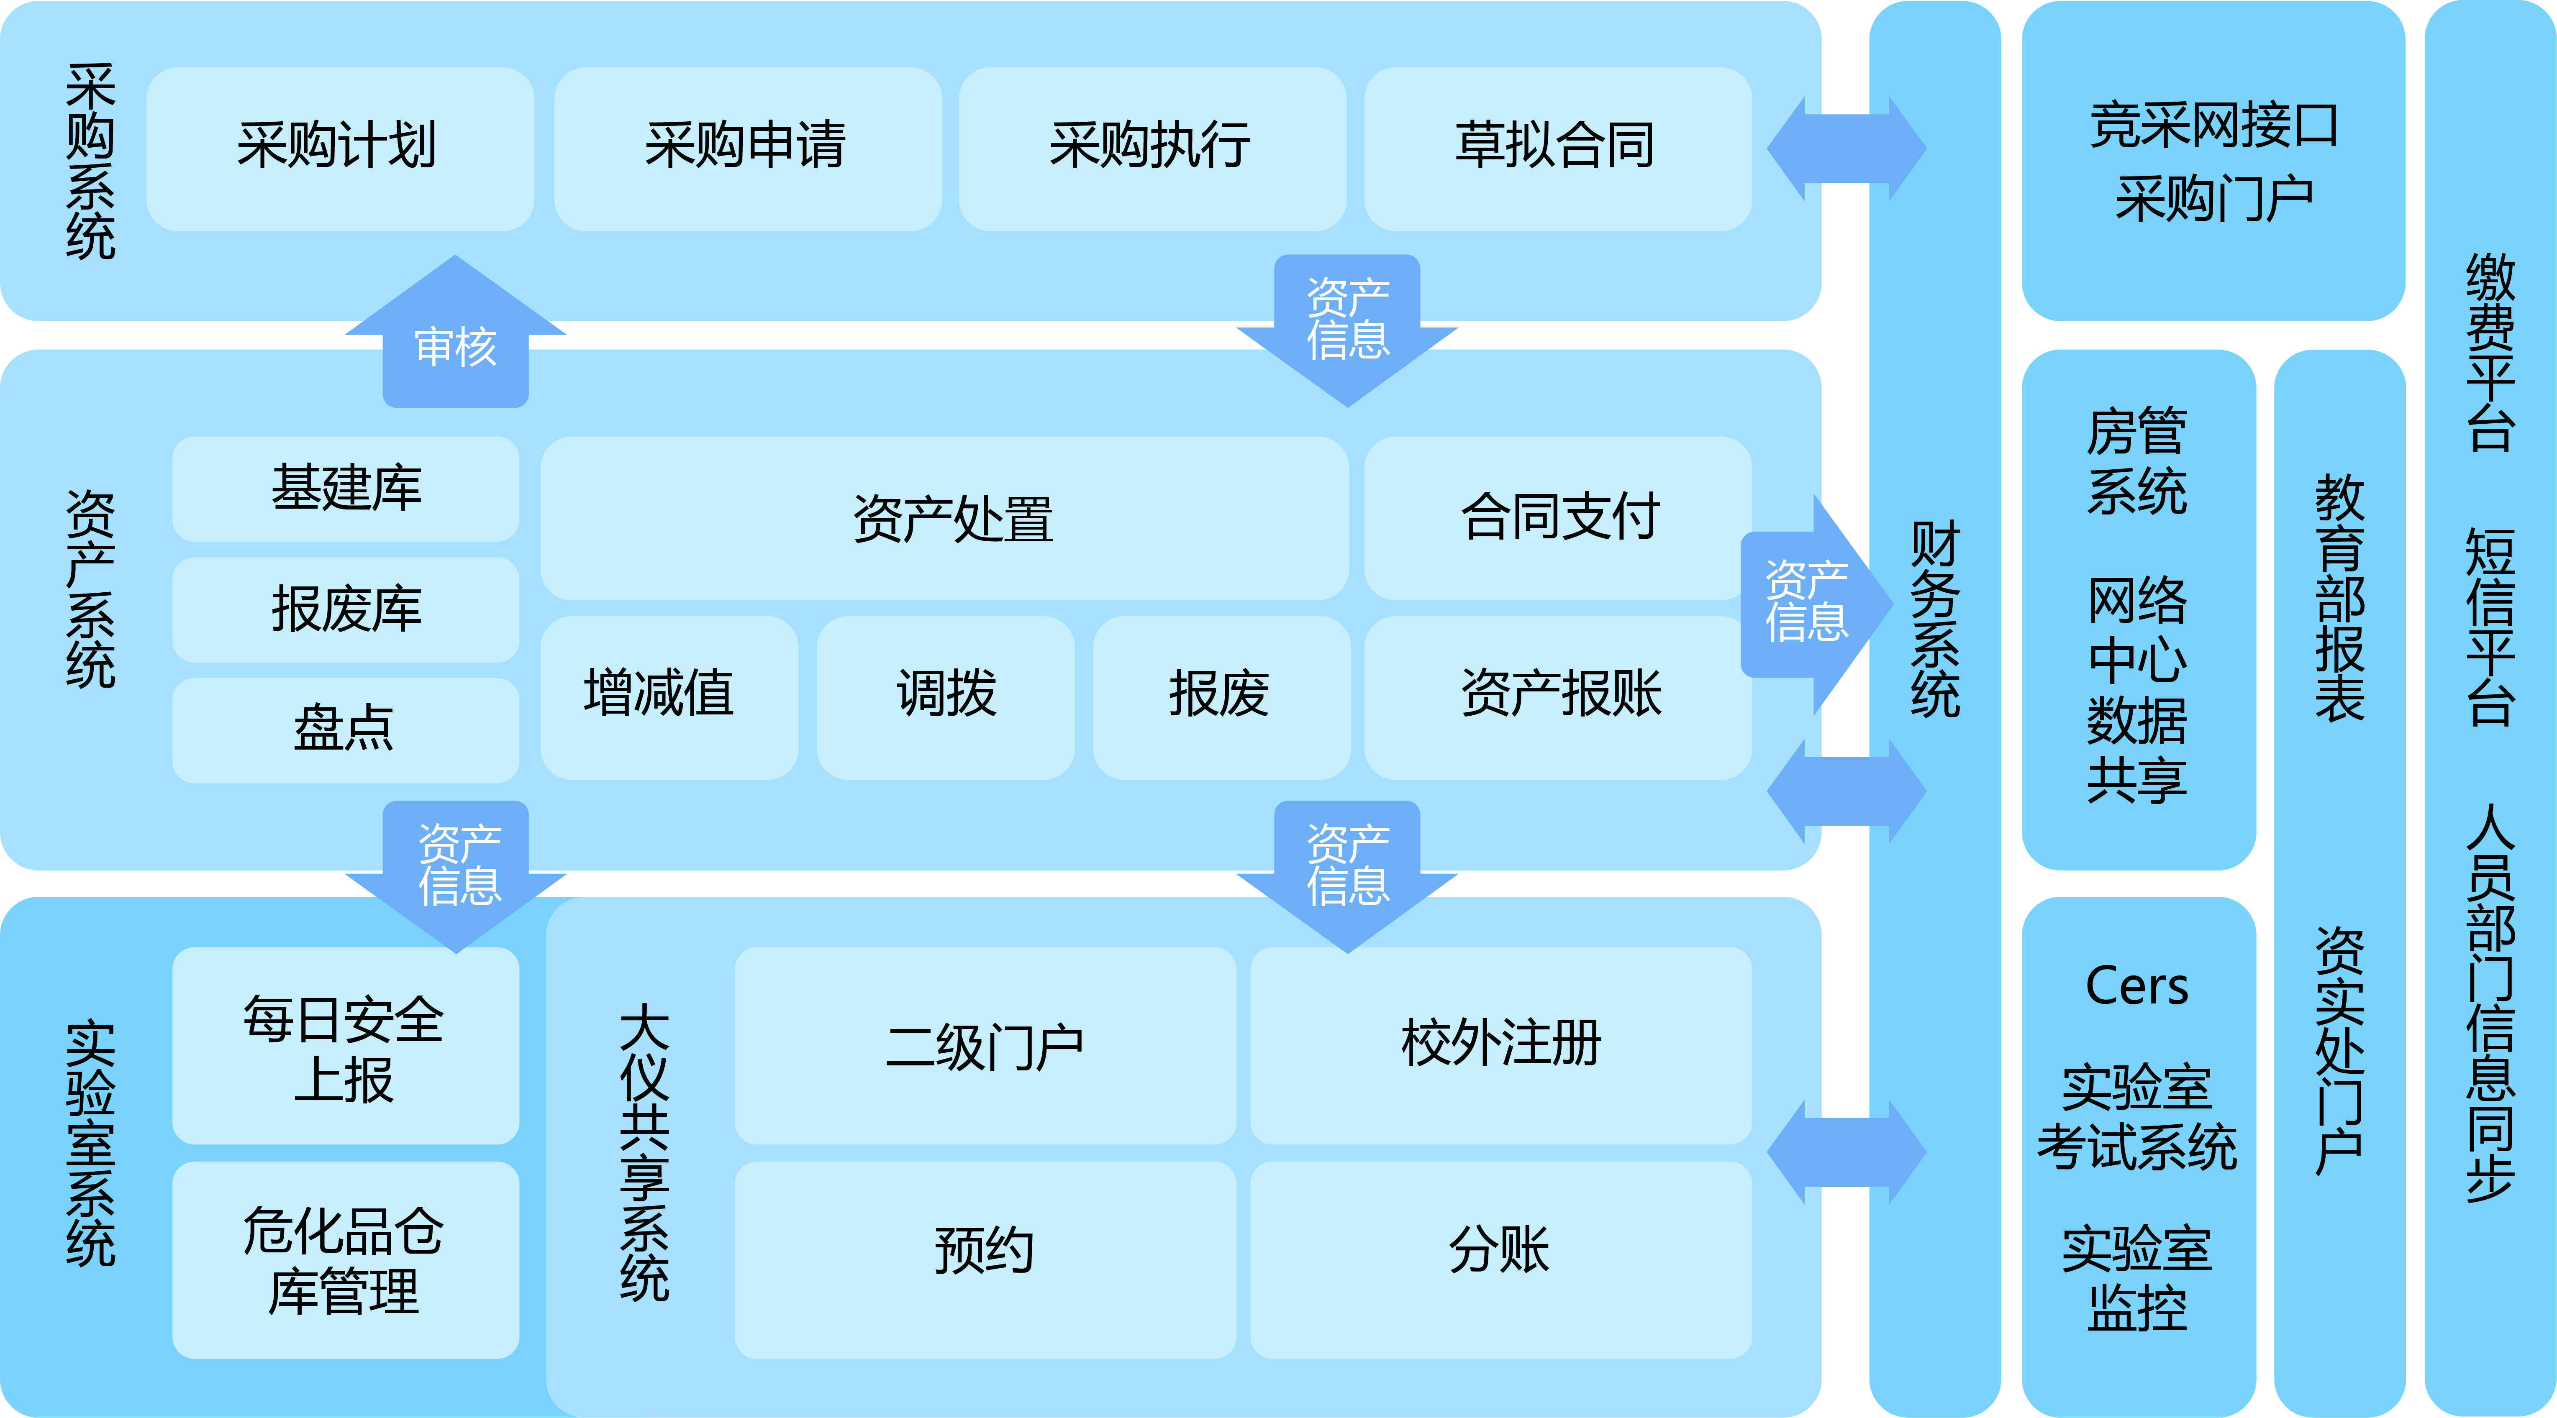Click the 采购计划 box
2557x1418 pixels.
pyautogui.click(x=339, y=149)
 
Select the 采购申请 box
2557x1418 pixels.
pyautogui.click(x=746, y=149)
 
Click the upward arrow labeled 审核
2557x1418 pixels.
pyautogui.click(x=456, y=342)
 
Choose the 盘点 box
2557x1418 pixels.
pyautogui.click(x=346, y=729)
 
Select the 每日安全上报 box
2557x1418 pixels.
pyautogui.click(x=346, y=1047)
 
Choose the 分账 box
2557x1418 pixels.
pyautogui.click(x=1500, y=1250)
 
